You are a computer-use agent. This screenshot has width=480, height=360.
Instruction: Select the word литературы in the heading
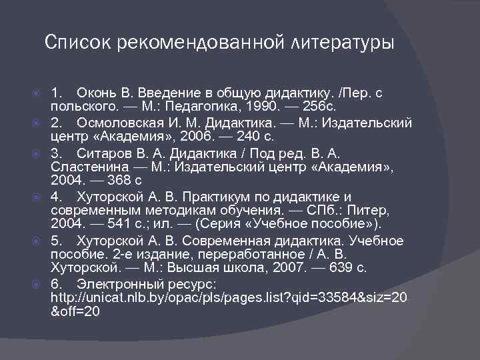(343, 43)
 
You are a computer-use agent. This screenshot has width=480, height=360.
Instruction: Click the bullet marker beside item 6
(38, 284)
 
